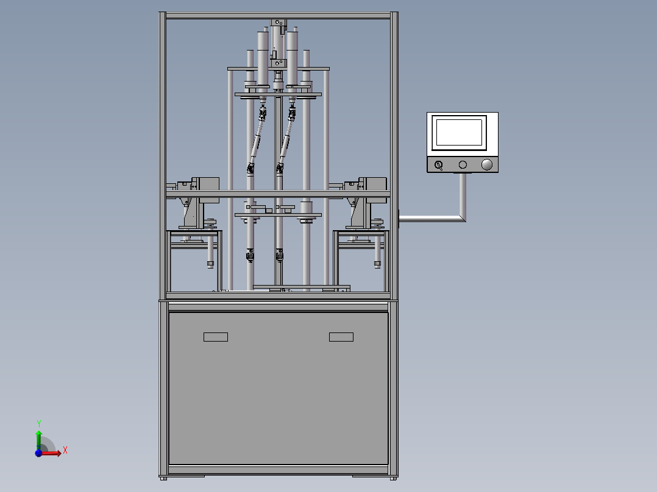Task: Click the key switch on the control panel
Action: (439, 165)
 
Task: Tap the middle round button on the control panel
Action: (463, 164)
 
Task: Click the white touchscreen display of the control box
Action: (460, 132)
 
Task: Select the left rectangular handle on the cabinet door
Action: (216, 337)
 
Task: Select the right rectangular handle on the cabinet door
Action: (341, 337)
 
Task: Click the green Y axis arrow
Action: (39, 440)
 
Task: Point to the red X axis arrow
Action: (50, 453)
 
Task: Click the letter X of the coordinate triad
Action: (65, 451)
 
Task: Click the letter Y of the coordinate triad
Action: (39, 424)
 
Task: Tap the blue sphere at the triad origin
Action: (38, 453)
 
